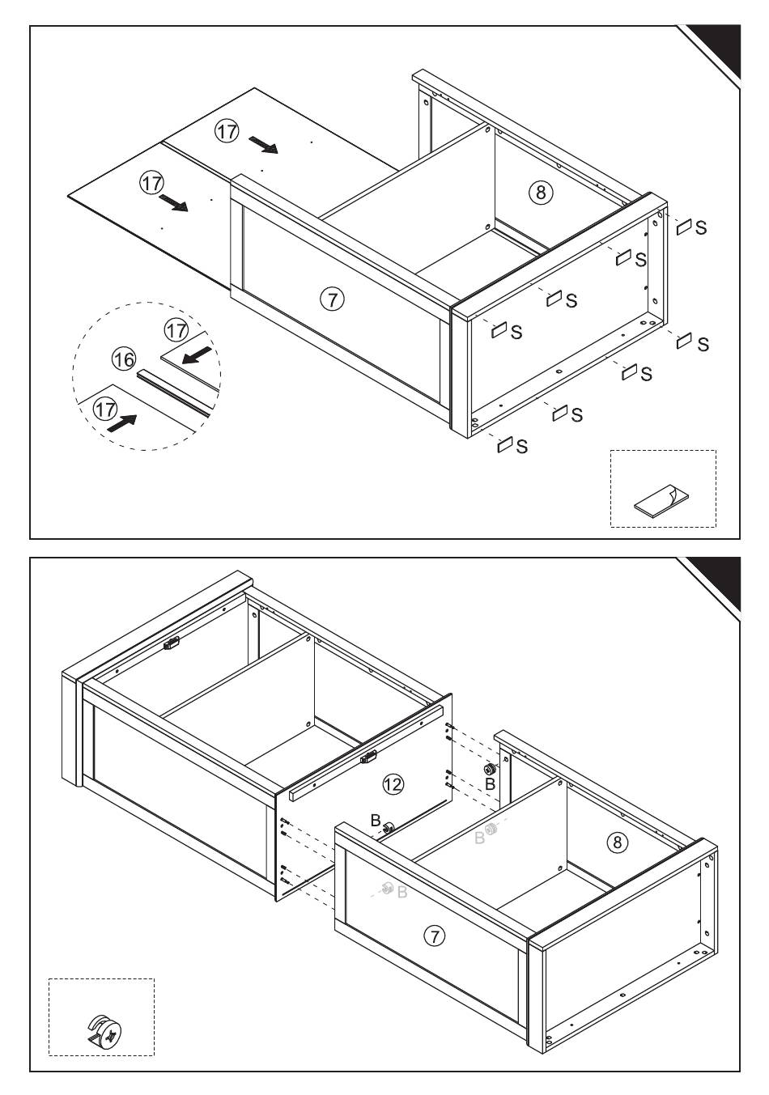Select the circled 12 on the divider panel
pos(393,783)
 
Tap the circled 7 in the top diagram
pos(332,299)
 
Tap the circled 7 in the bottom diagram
pos(435,936)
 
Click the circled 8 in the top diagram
pos(541,192)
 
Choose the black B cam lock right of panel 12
pos(489,770)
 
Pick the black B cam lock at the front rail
pos(389,826)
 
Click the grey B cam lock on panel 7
pos(387,889)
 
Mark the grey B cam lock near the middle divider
pos(491,830)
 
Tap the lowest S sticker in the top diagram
pos(505,444)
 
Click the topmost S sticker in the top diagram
pos(685,227)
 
